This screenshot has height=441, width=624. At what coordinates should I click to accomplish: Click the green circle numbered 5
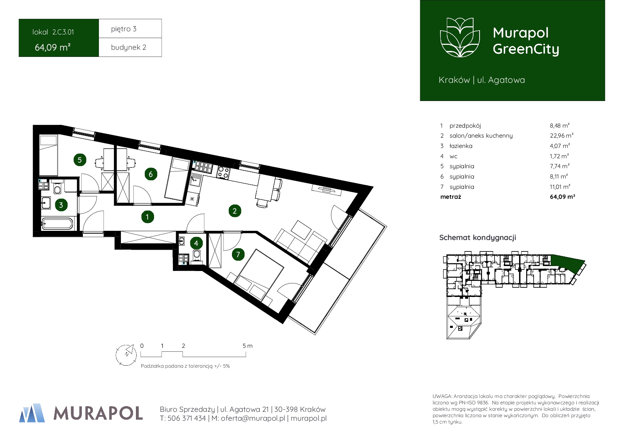(80, 160)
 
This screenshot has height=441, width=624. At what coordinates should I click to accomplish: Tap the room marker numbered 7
(238, 254)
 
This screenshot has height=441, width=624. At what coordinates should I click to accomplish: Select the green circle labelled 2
(234, 211)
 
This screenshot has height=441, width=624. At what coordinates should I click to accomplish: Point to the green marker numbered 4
(196, 243)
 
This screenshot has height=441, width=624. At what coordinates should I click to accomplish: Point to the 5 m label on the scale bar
(248, 346)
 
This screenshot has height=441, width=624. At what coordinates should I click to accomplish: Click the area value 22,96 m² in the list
(561, 136)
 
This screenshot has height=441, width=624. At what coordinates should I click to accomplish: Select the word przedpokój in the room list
(465, 126)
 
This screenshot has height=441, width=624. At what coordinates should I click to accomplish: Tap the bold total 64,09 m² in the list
(562, 197)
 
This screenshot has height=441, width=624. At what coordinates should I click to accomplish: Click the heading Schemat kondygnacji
(477, 238)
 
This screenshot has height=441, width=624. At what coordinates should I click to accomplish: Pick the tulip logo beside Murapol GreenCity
(460, 37)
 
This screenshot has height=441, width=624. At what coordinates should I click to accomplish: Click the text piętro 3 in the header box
(123, 29)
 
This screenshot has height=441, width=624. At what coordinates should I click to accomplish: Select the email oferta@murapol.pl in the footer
(253, 419)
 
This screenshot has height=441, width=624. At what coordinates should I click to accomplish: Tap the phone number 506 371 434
(186, 419)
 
